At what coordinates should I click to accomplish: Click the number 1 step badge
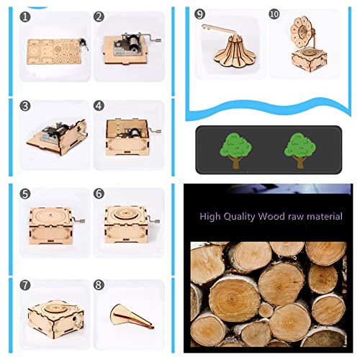[x=26, y=17]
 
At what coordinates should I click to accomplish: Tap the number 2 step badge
[x=99, y=17]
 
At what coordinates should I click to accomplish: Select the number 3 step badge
[x=26, y=106]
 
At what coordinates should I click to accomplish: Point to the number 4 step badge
[x=99, y=106]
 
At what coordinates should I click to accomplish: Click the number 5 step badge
[x=26, y=194]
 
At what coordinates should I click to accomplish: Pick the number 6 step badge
[x=99, y=194]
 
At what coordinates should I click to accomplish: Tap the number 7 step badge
[x=26, y=284]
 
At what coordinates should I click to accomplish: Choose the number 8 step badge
[x=99, y=284]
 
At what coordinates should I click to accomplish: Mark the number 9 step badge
[x=200, y=14]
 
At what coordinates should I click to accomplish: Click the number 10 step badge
[x=274, y=14]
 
